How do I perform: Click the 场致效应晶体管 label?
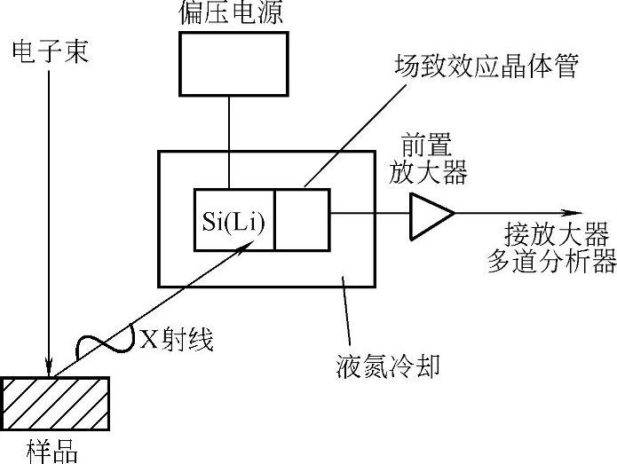tap(485, 67)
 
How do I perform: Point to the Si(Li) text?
tap(234, 218)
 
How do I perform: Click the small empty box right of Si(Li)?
tap(302, 219)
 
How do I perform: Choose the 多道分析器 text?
tap(550, 262)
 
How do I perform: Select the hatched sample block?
tap(56, 402)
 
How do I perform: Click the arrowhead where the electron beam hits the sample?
tap(51, 368)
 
